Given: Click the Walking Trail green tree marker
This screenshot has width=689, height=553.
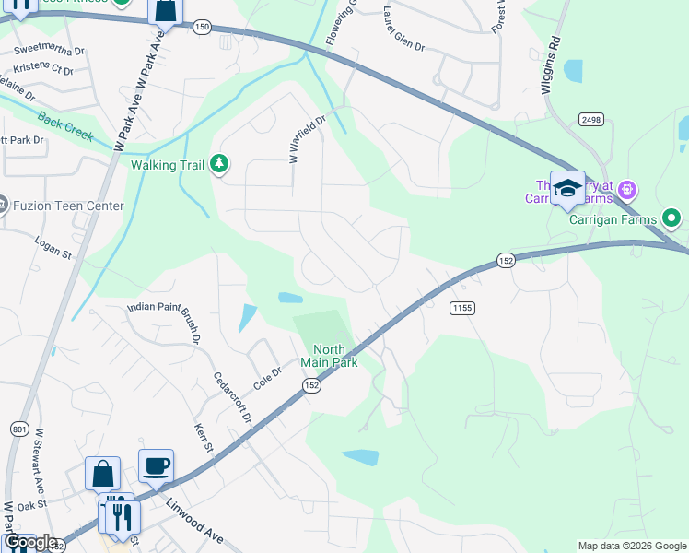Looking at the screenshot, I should coord(219,164).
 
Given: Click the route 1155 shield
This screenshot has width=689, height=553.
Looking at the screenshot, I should coord(462,307).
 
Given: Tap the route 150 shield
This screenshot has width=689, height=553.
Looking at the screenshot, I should coord(202,29).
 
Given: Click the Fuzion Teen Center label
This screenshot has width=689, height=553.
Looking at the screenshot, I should coord(68,206).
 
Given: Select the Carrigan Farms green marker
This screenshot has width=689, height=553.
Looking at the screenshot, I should coord(671,218).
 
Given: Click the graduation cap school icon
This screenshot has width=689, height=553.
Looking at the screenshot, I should coord(567,189).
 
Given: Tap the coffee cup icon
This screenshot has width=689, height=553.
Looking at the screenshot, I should coord(156,465).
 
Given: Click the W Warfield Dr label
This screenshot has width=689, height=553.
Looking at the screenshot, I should coord(308,139).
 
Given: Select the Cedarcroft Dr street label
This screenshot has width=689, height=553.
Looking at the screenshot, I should coord(232,396).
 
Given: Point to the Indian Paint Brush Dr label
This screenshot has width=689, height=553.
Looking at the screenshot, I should coord(163,323).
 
